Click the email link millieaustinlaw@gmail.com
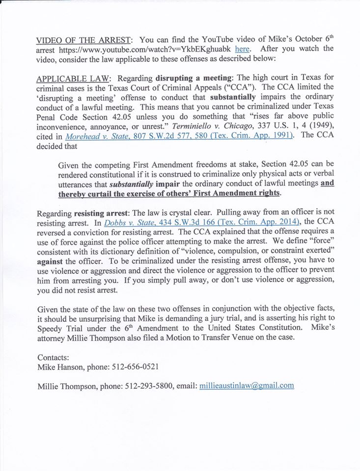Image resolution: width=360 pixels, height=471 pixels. [x=247, y=385]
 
